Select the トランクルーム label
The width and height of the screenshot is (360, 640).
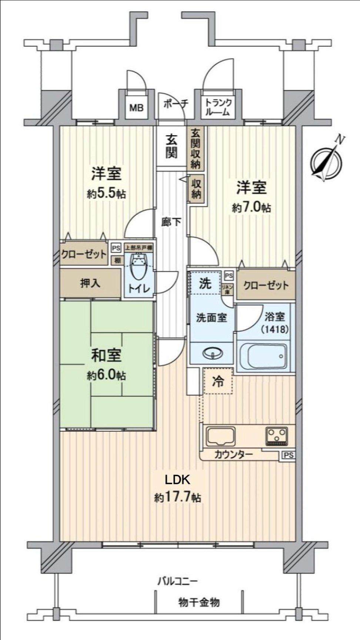(x=219, y=107)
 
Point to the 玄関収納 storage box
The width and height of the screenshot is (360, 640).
(x=196, y=148)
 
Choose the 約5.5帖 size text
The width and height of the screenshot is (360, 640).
(x=106, y=193)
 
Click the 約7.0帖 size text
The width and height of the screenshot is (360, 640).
(x=251, y=208)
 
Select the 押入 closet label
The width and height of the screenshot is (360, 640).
(x=90, y=283)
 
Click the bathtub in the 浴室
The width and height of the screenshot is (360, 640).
(x=264, y=356)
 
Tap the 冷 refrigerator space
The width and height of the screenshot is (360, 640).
(x=218, y=381)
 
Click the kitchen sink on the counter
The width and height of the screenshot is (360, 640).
(x=221, y=436)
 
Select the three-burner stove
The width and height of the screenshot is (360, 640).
(x=277, y=435)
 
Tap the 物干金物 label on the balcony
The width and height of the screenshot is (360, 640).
(x=199, y=602)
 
